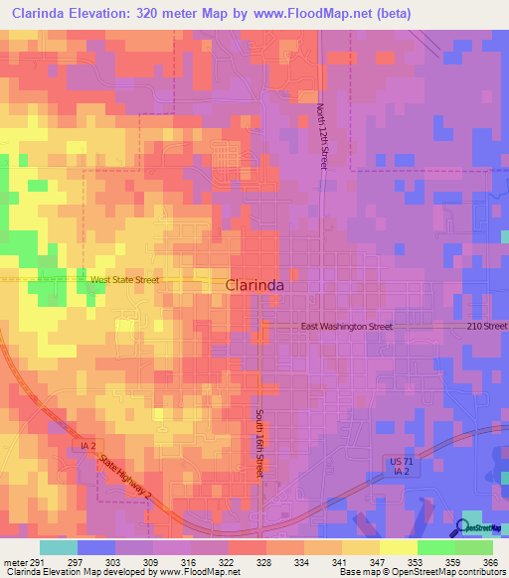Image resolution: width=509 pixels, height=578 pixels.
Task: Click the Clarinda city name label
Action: coord(255,284)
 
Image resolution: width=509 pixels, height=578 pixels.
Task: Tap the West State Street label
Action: coord(124,280)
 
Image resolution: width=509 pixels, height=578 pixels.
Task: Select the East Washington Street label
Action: coord(347,326)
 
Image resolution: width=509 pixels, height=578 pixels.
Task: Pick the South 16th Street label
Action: coord(258,443)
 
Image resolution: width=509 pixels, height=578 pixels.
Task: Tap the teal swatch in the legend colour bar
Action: coord(59,547)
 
